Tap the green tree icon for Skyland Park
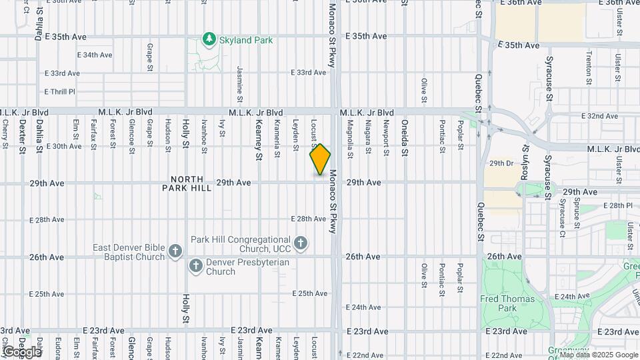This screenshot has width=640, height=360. point(209,40)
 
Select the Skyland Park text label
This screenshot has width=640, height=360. point(245,40)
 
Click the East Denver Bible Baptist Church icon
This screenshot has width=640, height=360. point(175,251)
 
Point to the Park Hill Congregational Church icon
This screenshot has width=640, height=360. point(301,243)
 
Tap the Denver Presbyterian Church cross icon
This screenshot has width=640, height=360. point(196,266)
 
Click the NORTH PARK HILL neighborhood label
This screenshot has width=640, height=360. point(191,183)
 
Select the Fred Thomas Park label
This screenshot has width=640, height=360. point(507,303)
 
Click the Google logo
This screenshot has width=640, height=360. point(22,351)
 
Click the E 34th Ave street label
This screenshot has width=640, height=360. point(95,55)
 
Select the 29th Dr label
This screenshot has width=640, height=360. point(501,163)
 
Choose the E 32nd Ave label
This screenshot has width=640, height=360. point(599,116)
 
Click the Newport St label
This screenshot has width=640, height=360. point(385,137)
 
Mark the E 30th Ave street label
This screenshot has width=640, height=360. point(63,146)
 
